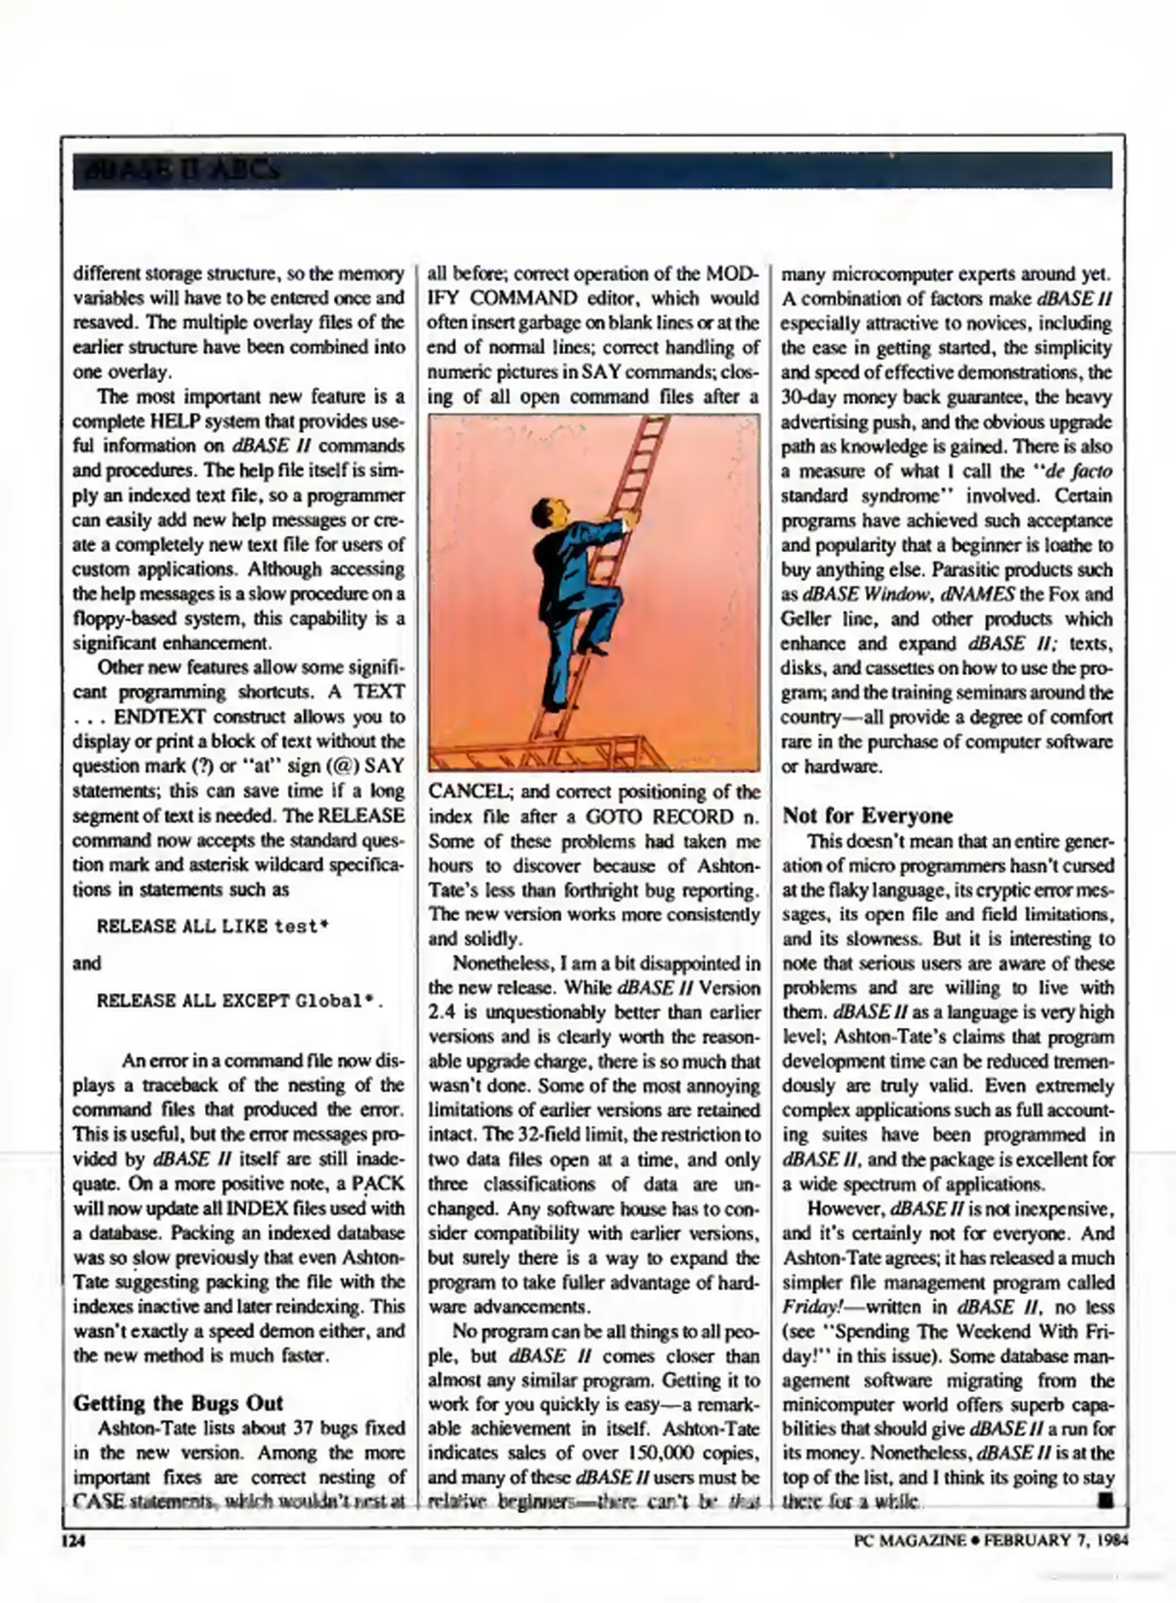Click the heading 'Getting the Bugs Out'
[178, 1403]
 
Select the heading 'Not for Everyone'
[867, 816]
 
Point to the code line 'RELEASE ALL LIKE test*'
[213, 927]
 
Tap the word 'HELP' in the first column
[172, 422]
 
